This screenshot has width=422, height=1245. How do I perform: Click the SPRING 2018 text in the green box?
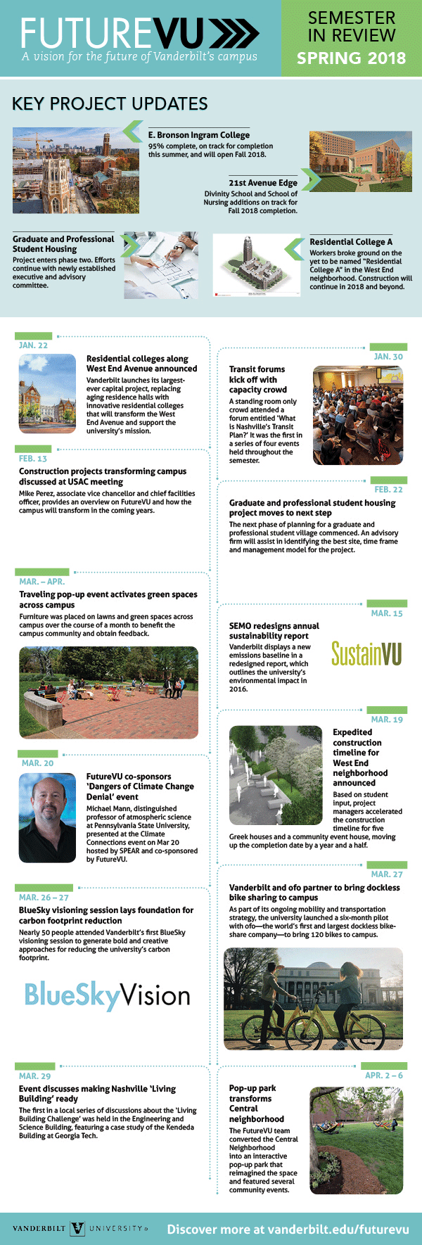[x=351, y=58]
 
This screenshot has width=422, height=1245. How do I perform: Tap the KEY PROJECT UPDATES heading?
[x=110, y=104]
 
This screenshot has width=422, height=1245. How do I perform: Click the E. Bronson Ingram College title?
[x=199, y=135]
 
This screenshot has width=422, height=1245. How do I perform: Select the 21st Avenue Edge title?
[x=262, y=183]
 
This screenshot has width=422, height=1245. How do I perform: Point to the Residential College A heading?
[x=351, y=242]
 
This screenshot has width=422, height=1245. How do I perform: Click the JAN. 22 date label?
[x=33, y=345]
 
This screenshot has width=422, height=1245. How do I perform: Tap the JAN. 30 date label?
[x=388, y=357]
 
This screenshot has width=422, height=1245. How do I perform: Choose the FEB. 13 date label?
[x=33, y=459]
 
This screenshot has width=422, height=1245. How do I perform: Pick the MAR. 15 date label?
[x=387, y=613]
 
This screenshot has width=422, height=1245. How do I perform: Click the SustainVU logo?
[x=366, y=653]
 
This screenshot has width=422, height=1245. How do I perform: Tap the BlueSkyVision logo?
[x=108, y=995]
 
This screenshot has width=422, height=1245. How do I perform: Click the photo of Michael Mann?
[x=47, y=818]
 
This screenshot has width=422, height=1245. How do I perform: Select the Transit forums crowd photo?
[x=358, y=415]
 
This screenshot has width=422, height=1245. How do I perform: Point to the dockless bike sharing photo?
[x=313, y=999]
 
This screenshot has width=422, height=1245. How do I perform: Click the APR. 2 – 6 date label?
[x=384, y=1075]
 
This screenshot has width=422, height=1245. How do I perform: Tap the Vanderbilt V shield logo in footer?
[x=77, y=1229]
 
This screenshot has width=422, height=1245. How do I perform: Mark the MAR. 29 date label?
[x=35, y=1076]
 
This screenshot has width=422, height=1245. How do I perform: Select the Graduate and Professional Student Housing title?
[x=63, y=244]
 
